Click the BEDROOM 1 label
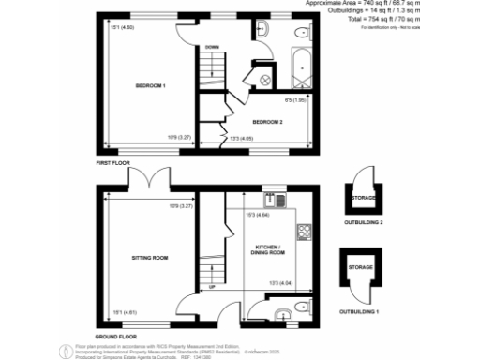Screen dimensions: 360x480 click(150, 86)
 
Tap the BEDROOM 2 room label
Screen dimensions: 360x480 click(267, 121)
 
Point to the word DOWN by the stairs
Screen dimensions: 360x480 click(213, 47)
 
